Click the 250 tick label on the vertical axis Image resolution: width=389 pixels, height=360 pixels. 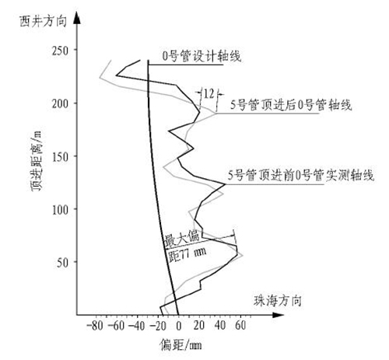[x=60, y=51]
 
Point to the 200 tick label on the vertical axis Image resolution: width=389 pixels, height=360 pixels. [x=60, y=104]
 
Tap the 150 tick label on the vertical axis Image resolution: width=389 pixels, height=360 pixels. [x=61, y=157]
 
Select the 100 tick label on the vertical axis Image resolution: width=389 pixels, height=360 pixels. [x=61, y=210]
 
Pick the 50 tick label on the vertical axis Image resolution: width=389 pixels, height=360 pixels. [x=62, y=263]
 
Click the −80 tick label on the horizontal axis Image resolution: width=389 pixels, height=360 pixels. [x=95, y=326]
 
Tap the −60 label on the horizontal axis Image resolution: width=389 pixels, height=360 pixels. [x=116, y=326]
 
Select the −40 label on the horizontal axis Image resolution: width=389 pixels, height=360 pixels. [x=136, y=326]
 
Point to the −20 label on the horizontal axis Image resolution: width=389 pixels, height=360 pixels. [x=157, y=326]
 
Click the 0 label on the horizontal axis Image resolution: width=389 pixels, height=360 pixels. [x=179, y=326]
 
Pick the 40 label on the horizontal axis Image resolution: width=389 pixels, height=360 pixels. [x=220, y=325]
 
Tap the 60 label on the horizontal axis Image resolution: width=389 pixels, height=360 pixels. [x=240, y=325]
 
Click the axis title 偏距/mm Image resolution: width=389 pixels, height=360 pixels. [x=181, y=345]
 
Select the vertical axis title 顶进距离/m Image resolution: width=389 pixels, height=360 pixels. [x=36, y=162]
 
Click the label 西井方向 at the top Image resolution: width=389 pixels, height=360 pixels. [x=43, y=21]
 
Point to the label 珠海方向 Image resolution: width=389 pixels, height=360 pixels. [x=278, y=301]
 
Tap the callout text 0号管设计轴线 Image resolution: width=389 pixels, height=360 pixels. [x=202, y=56]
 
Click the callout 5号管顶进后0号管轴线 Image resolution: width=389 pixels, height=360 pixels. [x=291, y=105]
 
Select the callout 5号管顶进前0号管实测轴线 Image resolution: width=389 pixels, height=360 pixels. [x=301, y=175]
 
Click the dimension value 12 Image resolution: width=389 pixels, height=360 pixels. [x=209, y=93]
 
